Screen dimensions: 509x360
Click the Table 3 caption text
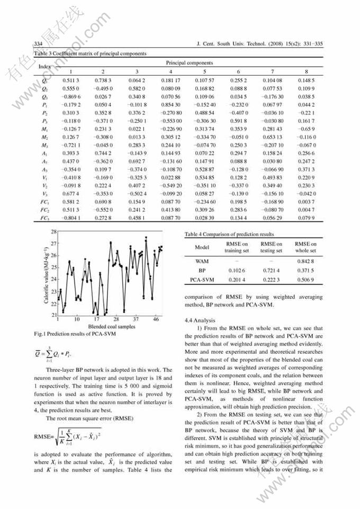coord(91,53)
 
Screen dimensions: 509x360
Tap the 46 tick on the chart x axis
coord(156,319)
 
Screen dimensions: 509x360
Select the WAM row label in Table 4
coord(202,261)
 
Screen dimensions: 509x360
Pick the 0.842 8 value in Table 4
coord(305,261)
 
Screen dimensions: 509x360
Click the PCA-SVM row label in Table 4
coord(202,279)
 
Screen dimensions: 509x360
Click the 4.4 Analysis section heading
coord(200,320)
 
